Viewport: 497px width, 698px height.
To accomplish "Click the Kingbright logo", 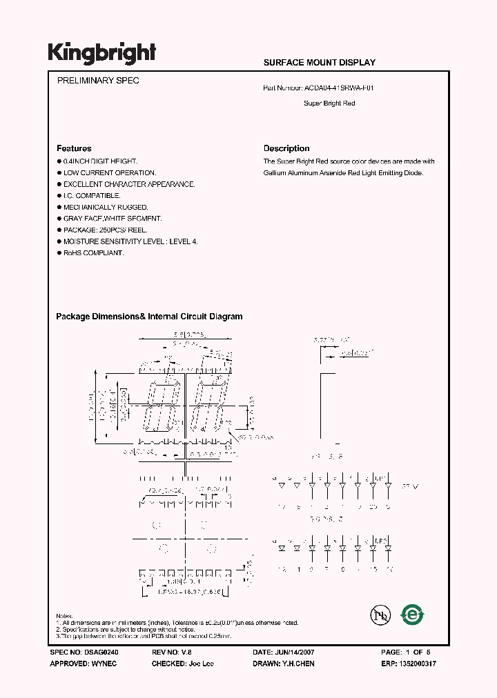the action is (101, 52).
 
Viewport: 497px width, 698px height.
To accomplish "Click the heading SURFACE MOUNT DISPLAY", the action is (320, 63).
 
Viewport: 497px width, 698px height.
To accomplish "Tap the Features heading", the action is (74, 148).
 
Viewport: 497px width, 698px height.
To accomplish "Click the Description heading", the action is (286, 148).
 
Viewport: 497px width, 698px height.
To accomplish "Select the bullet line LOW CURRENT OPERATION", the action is (109, 173).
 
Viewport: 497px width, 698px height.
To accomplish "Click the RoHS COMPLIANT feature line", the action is (93, 253).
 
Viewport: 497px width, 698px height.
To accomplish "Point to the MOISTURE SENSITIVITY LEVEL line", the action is (130, 241).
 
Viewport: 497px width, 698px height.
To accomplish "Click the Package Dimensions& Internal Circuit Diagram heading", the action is (149, 317).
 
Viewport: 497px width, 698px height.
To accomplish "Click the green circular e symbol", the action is (413, 614).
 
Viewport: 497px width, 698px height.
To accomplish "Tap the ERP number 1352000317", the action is (416, 664).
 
